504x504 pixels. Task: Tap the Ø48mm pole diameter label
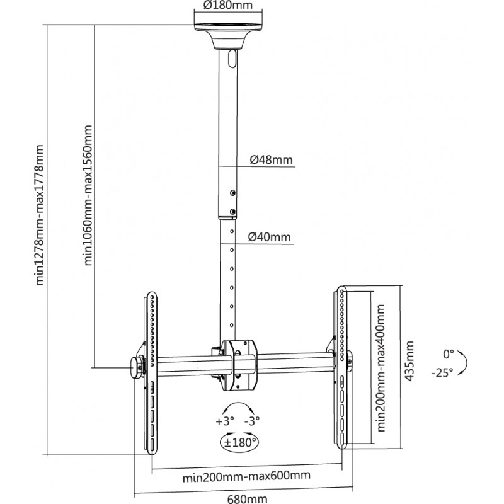(271, 160)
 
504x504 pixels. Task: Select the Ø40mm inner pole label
(270, 238)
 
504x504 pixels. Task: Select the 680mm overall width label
(247, 498)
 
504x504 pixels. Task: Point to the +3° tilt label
(224, 420)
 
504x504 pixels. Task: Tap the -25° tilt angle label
(442, 372)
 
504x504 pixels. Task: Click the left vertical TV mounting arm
(151, 372)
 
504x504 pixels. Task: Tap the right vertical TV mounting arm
(341, 369)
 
